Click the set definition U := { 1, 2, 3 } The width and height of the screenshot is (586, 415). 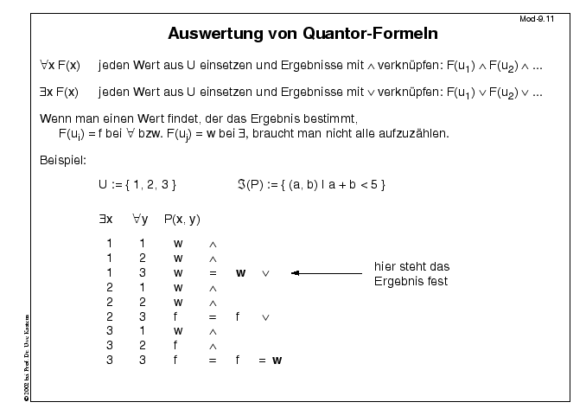point(137,184)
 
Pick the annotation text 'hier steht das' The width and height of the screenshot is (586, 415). point(411,266)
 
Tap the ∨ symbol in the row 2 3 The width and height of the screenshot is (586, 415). point(265,316)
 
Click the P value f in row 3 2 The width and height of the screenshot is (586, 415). point(177,344)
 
